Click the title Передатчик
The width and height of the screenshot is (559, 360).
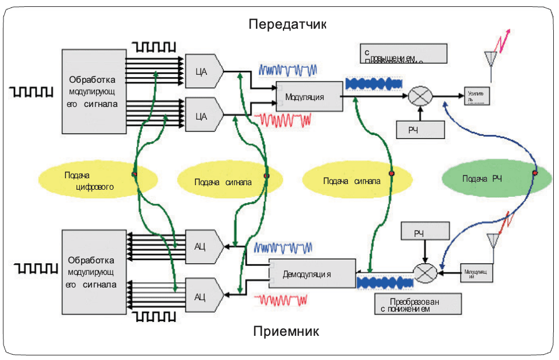(x=287, y=25)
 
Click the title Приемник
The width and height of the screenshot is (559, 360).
(x=285, y=332)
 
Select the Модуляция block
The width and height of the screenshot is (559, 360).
(x=308, y=97)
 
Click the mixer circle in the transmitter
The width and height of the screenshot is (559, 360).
(x=420, y=95)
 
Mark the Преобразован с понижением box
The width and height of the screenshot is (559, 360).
(x=418, y=304)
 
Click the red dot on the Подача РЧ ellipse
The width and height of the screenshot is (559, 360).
(x=535, y=173)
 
